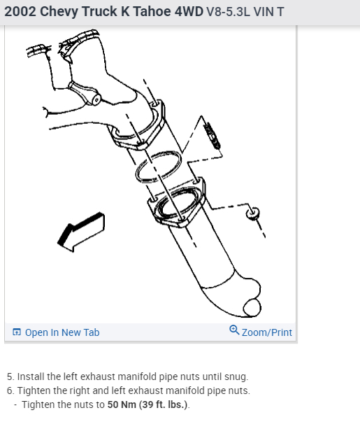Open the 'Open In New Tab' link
click(x=62, y=332)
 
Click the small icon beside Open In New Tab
click(x=17, y=332)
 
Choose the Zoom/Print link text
click(x=267, y=332)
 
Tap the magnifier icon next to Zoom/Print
click(x=234, y=331)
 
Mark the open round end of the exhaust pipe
click(x=252, y=307)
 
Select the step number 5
click(x=9, y=377)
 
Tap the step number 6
click(x=9, y=391)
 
